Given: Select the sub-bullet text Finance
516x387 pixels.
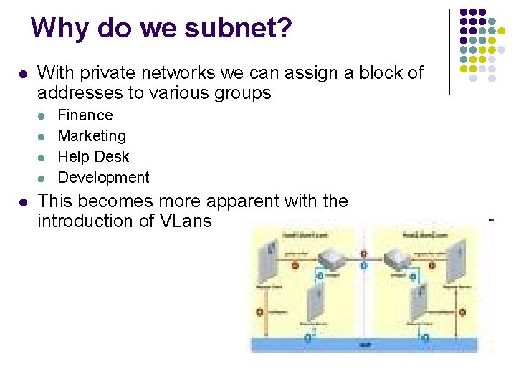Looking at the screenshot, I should tap(85, 115).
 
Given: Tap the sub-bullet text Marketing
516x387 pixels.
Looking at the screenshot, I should tap(92, 136).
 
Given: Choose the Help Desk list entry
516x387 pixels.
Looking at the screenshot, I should tap(93, 157).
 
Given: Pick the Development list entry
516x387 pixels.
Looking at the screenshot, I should tap(103, 178).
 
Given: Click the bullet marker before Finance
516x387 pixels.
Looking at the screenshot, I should tap(43, 115).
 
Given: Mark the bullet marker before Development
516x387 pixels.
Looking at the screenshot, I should tap(43, 178).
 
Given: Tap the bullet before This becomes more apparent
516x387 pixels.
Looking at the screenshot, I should tap(23, 202).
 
